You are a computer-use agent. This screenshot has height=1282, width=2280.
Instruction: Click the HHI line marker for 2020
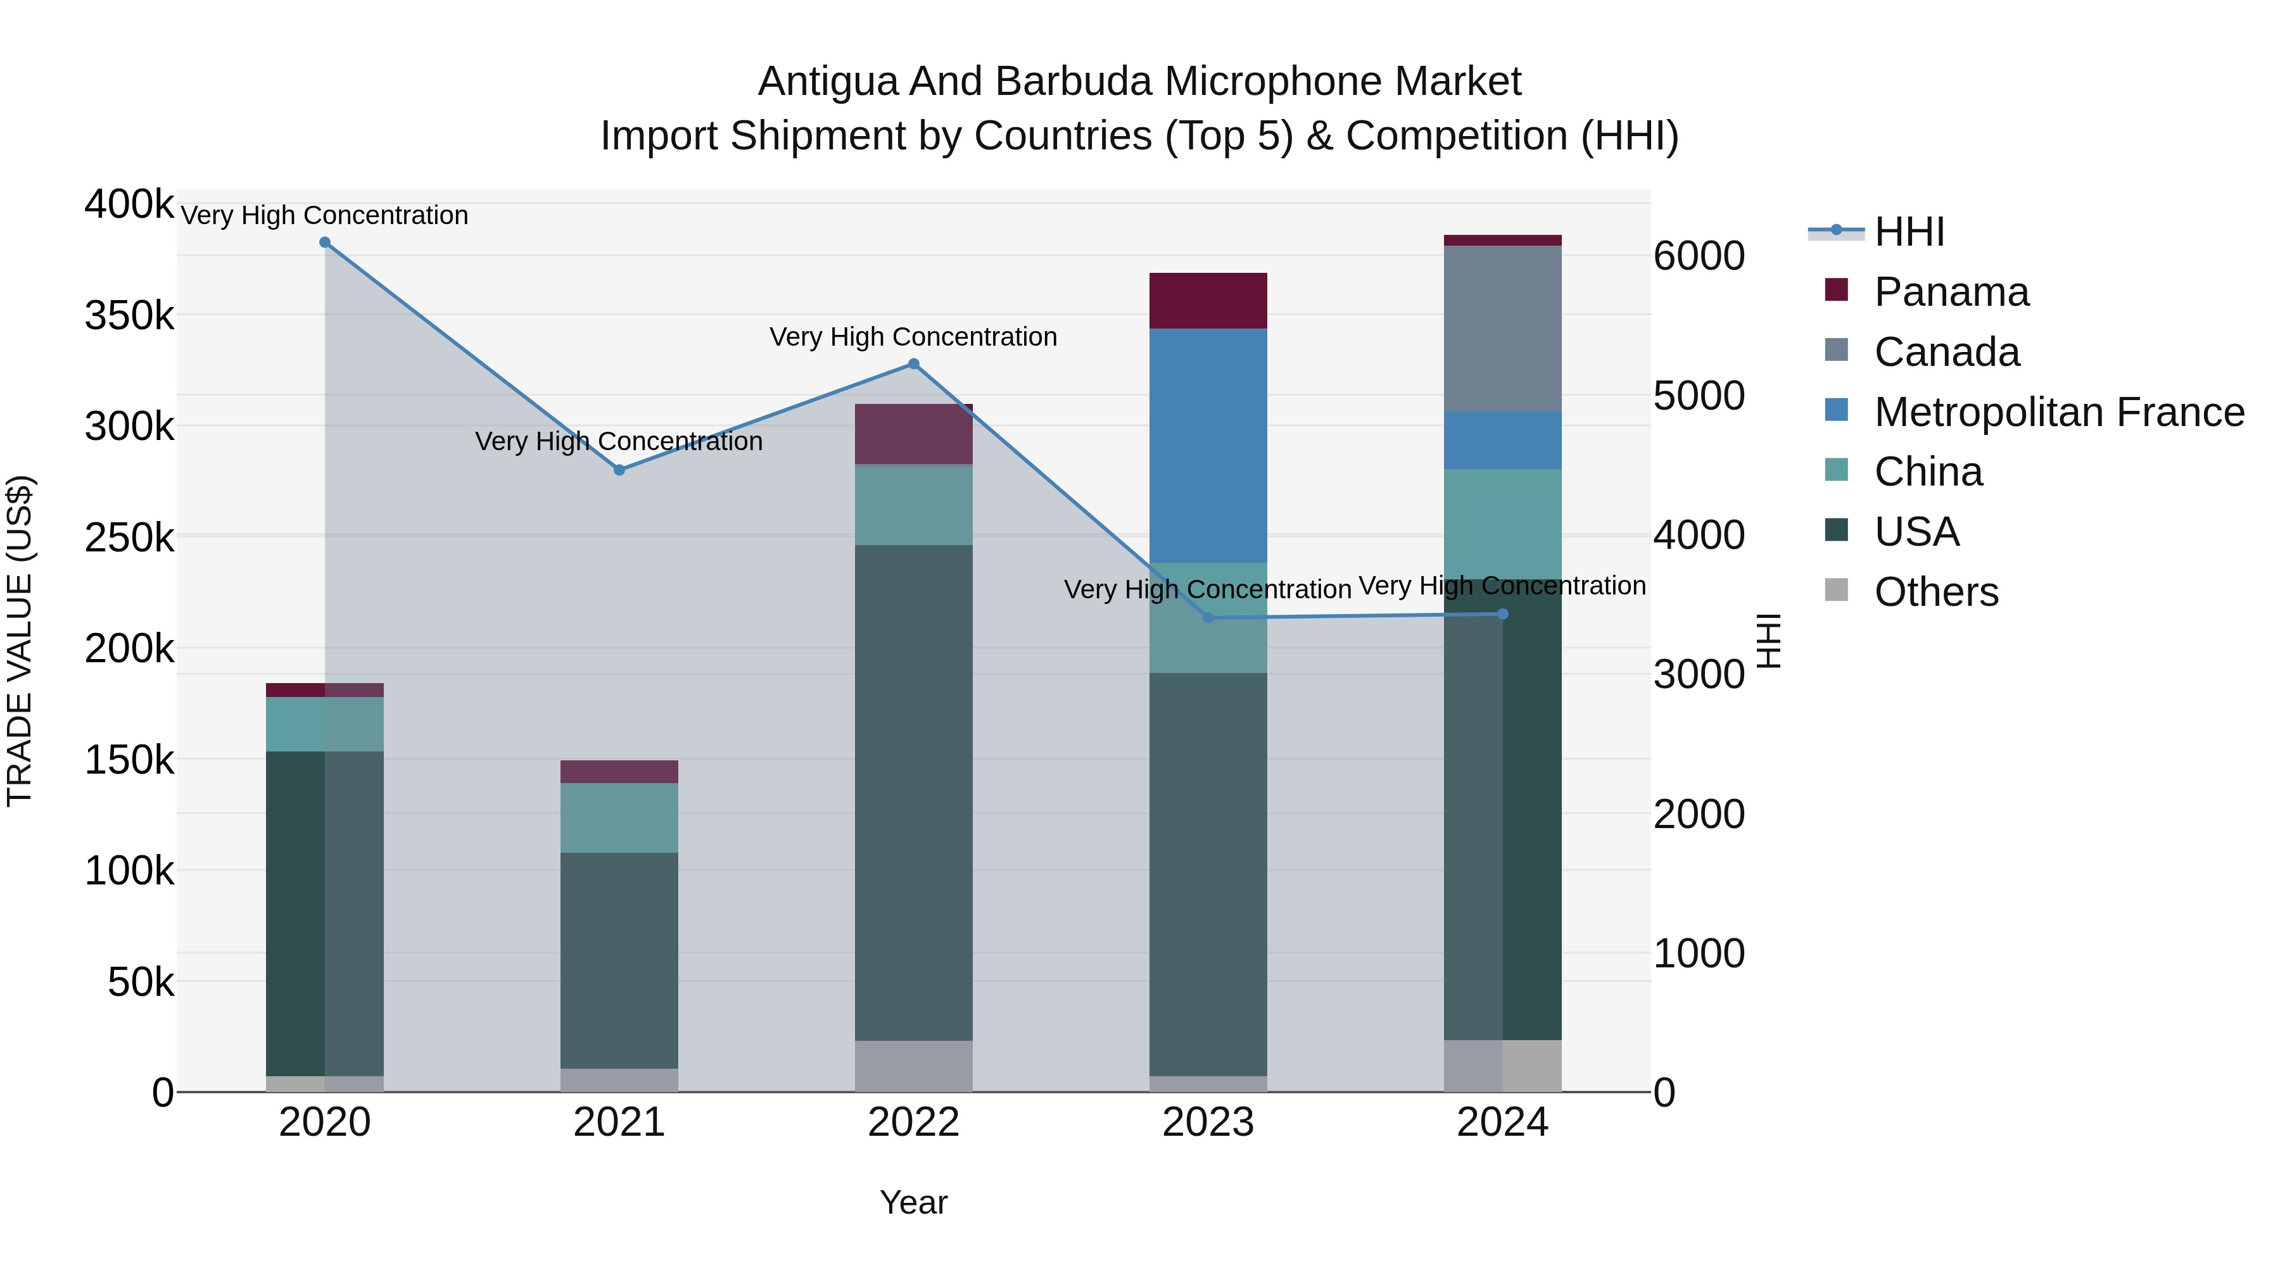325,242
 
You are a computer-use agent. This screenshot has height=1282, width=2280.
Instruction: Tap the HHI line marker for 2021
619,470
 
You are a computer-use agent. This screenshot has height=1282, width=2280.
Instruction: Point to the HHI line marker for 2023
1208,617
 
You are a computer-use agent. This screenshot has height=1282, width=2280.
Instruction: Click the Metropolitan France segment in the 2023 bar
1208,445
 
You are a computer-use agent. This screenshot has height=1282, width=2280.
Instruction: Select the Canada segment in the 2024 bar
1502,328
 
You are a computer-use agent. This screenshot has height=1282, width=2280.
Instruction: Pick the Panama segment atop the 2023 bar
1208,301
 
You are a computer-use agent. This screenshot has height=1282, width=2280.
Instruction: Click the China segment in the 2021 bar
619,817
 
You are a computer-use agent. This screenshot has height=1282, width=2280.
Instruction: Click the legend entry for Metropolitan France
2059,412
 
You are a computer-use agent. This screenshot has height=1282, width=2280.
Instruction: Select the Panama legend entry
1951,292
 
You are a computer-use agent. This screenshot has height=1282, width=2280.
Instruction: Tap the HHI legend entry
1908,232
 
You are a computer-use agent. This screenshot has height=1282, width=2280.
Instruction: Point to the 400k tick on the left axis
129,204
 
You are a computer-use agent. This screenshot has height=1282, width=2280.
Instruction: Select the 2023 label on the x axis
1208,1122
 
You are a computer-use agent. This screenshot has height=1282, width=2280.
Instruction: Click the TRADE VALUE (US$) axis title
20,641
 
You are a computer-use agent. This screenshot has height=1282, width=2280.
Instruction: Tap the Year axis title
913,1202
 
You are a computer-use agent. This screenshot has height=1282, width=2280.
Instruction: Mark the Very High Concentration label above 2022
913,337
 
